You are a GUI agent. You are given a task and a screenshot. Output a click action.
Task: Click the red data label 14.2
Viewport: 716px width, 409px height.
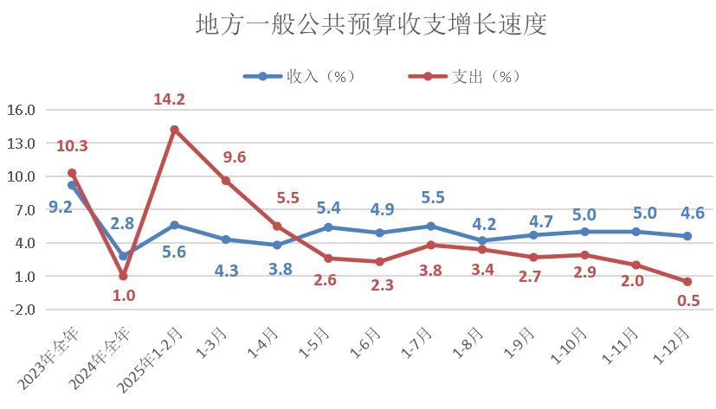click(169, 99)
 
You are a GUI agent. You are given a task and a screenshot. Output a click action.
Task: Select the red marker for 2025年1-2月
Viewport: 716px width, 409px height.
click(175, 130)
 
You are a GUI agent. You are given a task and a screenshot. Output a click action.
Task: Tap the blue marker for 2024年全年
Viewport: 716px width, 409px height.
click(123, 256)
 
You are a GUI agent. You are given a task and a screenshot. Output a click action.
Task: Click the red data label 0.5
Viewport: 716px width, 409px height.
click(689, 301)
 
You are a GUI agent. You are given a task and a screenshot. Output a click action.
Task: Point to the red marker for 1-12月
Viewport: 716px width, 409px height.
click(687, 282)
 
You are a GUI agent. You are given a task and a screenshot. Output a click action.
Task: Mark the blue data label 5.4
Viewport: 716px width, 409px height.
click(330, 208)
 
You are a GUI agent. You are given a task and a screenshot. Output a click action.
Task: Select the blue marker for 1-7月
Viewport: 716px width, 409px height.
click(431, 227)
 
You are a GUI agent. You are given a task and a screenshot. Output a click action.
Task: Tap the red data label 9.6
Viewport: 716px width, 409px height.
click(235, 157)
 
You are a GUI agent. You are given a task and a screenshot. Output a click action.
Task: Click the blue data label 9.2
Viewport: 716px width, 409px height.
click(61, 207)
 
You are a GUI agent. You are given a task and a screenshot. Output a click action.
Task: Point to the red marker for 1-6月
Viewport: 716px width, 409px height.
click(380, 262)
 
